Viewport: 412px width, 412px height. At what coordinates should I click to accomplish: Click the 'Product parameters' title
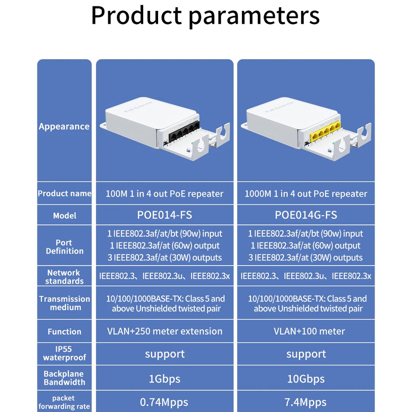click(x=205, y=16)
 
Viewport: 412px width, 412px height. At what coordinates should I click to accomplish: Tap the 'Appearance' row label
click(x=64, y=126)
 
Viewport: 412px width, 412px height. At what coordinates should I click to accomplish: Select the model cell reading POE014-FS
click(x=165, y=215)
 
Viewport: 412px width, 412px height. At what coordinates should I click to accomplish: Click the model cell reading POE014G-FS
click(x=306, y=215)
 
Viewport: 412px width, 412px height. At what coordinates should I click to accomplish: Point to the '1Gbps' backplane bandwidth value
click(x=165, y=379)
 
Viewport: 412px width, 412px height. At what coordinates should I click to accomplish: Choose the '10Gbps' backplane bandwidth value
click(x=306, y=379)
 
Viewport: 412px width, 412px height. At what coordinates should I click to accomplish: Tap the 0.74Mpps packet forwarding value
click(x=164, y=402)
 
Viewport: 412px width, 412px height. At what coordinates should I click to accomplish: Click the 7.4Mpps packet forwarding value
click(x=306, y=402)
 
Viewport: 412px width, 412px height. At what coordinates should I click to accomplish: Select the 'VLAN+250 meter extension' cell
click(x=165, y=331)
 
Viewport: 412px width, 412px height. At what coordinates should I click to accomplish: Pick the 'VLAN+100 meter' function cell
click(x=309, y=331)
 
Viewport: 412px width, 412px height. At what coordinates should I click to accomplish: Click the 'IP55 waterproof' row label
click(x=64, y=353)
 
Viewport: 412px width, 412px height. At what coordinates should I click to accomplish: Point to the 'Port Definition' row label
click(x=64, y=247)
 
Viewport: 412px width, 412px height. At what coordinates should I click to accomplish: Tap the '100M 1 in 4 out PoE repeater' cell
click(x=165, y=194)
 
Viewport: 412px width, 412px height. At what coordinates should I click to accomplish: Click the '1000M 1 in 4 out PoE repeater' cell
click(x=306, y=194)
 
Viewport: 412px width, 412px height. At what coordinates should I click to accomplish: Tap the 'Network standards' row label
click(x=64, y=277)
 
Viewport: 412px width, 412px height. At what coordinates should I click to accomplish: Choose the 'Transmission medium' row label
click(x=65, y=303)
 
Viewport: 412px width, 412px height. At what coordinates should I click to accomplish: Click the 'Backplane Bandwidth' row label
click(x=64, y=378)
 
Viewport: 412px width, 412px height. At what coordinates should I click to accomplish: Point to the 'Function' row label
click(x=64, y=332)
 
